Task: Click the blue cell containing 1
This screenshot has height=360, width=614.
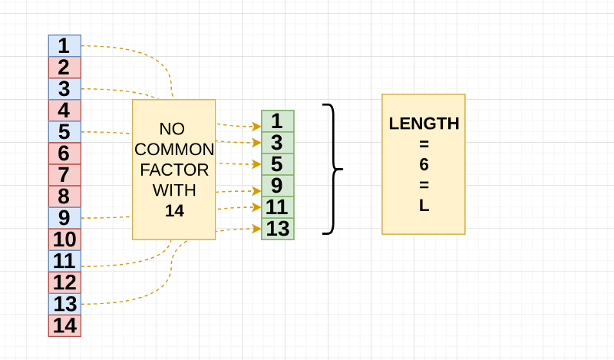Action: tap(64, 45)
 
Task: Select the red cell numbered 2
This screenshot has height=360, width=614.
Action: tap(64, 67)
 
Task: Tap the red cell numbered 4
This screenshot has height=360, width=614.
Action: tap(64, 110)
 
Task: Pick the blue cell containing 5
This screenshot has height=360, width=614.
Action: tap(64, 131)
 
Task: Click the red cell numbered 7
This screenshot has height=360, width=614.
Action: tap(64, 174)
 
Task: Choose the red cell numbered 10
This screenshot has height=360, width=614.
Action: tap(64, 239)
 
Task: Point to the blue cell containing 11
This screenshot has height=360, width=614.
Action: tap(64, 260)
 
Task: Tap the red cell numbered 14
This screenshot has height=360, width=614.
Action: tap(64, 325)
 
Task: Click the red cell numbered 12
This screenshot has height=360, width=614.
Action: tap(64, 282)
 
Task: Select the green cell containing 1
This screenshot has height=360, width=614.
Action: tap(278, 121)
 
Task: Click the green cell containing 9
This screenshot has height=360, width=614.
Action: tap(278, 186)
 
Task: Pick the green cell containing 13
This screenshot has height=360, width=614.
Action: tap(278, 229)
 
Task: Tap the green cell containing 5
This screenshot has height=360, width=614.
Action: tap(278, 164)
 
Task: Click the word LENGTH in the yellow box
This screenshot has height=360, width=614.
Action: tap(424, 124)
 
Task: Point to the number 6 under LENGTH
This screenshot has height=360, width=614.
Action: tap(424, 164)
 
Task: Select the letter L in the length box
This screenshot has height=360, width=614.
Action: tap(424, 206)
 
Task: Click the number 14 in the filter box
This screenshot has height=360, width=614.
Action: tap(174, 210)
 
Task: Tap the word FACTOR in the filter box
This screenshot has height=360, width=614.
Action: tap(174, 169)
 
